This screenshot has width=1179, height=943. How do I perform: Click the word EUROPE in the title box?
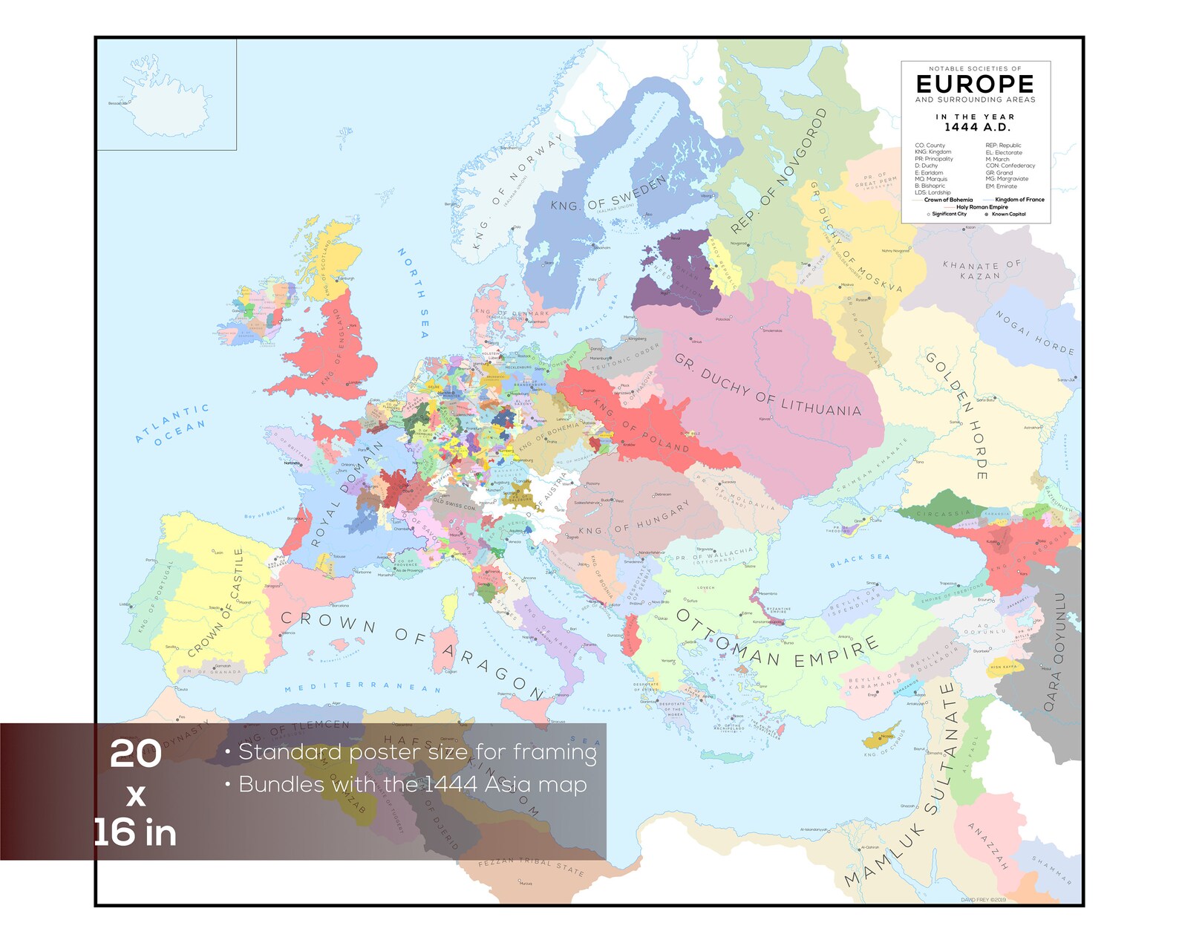[x=975, y=85]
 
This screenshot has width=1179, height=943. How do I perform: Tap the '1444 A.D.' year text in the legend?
[x=976, y=128]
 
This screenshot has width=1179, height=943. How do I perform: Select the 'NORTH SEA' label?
[x=414, y=293]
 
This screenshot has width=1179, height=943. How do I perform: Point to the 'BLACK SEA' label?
[x=859, y=561]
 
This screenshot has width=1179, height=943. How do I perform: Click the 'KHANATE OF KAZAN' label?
[x=982, y=270]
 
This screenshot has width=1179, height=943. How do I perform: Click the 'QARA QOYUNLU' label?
[x=1055, y=651]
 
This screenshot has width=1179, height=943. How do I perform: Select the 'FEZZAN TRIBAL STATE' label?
[x=531, y=867]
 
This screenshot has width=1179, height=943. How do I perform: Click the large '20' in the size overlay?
[x=136, y=754]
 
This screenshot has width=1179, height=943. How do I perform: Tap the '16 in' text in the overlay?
[x=136, y=832]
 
